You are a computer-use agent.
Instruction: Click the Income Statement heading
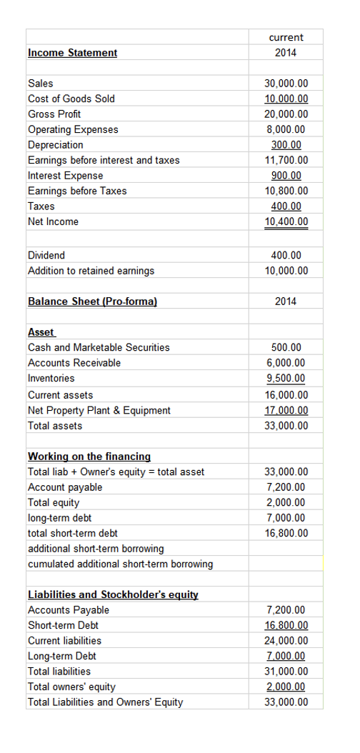point(72,53)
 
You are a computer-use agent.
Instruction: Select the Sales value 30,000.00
point(286,84)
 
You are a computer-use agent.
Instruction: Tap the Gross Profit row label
point(54,114)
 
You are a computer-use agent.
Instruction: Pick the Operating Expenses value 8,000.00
point(286,129)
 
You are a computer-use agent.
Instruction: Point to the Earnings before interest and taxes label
point(104,160)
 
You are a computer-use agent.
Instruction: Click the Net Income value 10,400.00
point(286,221)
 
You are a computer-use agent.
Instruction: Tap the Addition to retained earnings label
point(91,271)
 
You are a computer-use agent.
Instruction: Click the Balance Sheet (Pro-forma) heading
point(92,301)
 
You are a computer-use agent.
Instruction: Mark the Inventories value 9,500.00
point(286,378)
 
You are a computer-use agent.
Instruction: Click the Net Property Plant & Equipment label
point(99,410)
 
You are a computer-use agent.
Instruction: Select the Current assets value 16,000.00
point(286,395)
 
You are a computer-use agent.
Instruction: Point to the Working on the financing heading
point(89,456)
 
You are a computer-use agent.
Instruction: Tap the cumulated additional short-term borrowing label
point(120,564)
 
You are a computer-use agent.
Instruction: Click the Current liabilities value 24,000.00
point(286,641)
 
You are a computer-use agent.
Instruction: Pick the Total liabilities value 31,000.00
point(286,672)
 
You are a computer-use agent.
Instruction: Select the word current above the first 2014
point(286,37)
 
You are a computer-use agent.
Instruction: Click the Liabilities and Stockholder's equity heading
point(113,594)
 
